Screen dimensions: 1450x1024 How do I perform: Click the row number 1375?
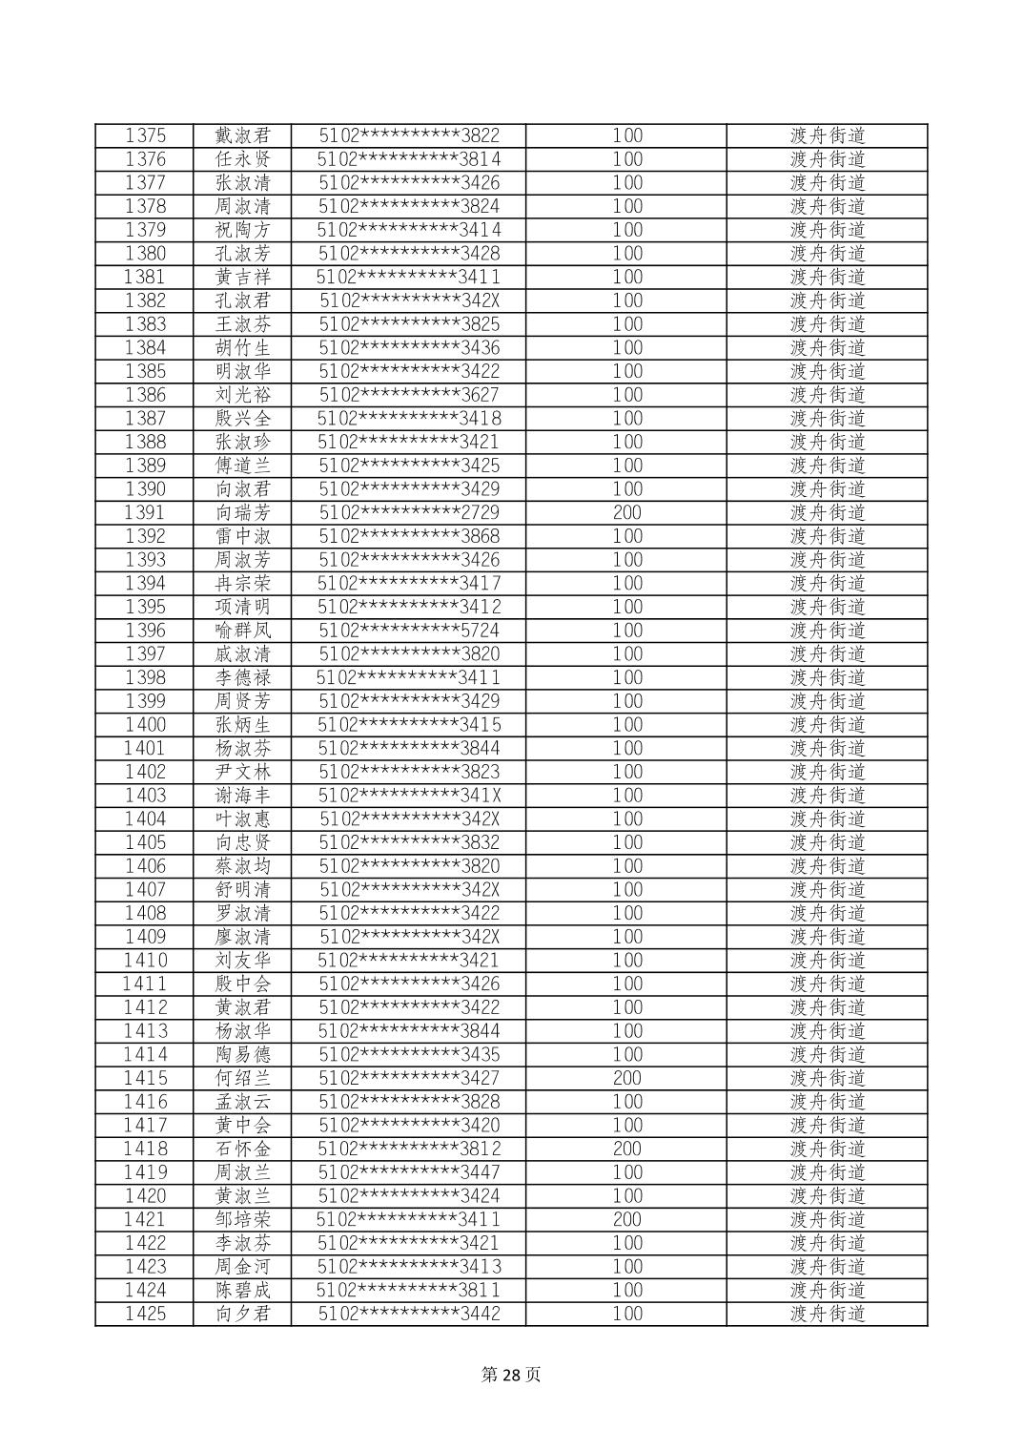[x=145, y=135]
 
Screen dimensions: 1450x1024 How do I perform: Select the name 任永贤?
[x=243, y=159]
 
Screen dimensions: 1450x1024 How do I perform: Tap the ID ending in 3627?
[x=409, y=395]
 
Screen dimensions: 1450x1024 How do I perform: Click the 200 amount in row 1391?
[x=626, y=512]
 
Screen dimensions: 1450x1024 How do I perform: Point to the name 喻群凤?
[x=243, y=631]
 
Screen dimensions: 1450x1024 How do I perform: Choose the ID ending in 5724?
[x=409, y=631]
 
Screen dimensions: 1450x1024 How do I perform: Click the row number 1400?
[x=145, y=725]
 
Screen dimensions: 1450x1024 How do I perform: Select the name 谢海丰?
[x=243, y=796]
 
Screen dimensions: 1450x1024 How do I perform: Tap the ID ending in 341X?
[x=409, y=796]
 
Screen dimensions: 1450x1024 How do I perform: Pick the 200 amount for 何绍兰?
[x=626, y=1078]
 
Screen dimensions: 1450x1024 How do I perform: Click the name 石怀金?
[x=243, y=1149]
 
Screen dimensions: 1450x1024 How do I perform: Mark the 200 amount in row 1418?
[x=626, y=1149]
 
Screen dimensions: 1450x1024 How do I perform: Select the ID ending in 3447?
[x=409, y=1172]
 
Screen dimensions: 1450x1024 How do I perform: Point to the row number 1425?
[x=145, y=1314]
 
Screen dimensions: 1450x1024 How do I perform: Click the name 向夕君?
[x=243, y=1314]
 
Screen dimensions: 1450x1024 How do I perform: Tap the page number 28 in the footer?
[x=511, y=1375]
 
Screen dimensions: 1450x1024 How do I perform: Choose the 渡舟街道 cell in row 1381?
[x=827, y=277]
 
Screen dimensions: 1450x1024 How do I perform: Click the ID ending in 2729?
[x=409, y=512]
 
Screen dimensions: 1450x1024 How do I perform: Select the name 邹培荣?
[x=243, y=1219]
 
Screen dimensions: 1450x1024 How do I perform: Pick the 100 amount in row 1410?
[x=626, y=961]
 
